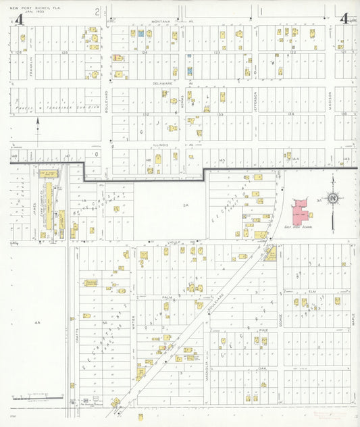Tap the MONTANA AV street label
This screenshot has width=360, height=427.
(x=165, y=21)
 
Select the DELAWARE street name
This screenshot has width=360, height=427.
(x=163, y=83)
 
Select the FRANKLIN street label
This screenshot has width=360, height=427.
(x=32, y=66)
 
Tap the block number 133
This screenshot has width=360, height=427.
(x=220, y=114)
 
